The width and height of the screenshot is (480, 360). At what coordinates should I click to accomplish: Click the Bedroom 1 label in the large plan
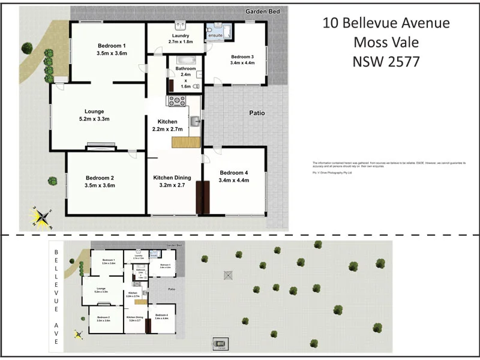pos(112,46)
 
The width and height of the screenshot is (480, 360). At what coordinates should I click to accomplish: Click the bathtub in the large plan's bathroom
pos(185,60)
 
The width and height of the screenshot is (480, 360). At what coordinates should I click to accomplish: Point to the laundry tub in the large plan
pos(179,26)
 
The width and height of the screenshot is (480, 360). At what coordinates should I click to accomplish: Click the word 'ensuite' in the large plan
pos(215,36)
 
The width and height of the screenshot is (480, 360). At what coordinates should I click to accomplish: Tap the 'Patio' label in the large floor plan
pos(257,113)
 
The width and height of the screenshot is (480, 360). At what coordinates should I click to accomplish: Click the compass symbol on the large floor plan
pos(43,218)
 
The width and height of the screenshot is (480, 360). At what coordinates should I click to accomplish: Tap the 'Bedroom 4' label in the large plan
pos(234,173)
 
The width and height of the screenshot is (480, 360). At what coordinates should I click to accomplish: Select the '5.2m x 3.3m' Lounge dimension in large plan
pos(94,119)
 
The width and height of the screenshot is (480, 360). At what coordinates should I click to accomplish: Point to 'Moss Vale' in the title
pos(386,42)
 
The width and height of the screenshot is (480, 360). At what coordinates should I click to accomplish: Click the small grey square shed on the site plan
pos(227,275)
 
